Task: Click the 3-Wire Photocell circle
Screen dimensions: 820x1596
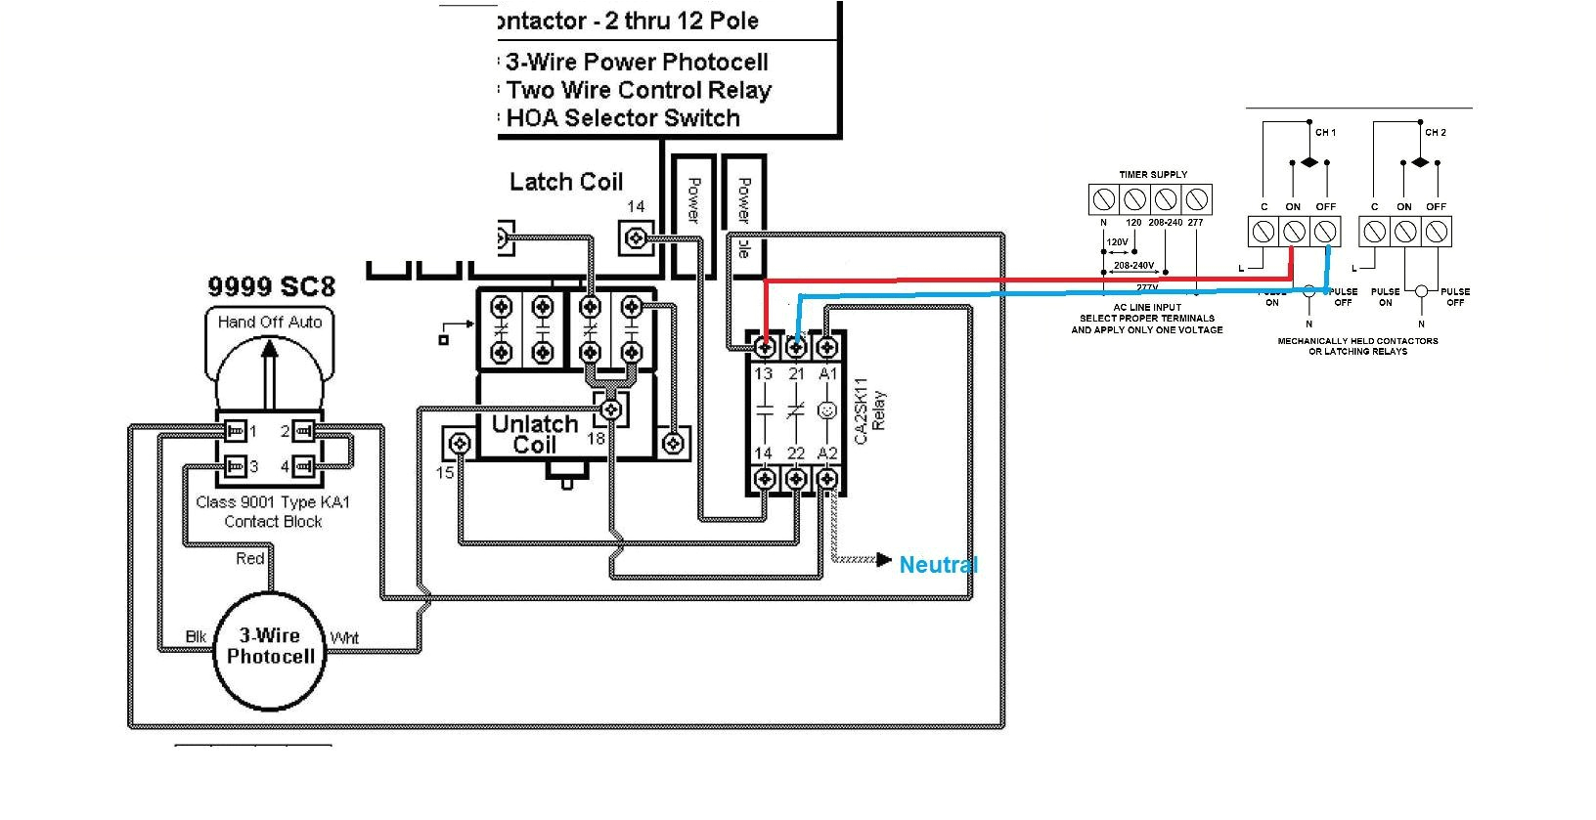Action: click(x=270, y=649)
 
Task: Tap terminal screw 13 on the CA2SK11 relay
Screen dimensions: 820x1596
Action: click(x=766, y=346)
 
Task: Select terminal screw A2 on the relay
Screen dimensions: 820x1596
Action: click(x=827, y=479)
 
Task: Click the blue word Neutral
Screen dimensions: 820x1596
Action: click(x=938, y=564)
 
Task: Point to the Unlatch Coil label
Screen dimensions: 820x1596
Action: click(x=534, y=435)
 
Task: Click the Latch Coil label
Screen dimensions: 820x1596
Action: click(x=566, y=182)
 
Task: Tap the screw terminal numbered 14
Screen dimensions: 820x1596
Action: click(x=637, y=237)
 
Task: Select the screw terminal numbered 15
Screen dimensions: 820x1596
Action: click(x=458, y=445)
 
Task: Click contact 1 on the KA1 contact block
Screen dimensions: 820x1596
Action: click(x=235, y=431)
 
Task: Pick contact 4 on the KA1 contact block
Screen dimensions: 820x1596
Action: click(x=302, y=466)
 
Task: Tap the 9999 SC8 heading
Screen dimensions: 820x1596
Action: click(x=271, y=286)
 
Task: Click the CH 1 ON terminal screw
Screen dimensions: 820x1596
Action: click(x=1294, y=232)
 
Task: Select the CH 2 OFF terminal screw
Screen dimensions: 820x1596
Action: click(x=1436, y=232)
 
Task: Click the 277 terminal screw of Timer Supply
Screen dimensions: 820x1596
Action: click(x=1196, y=200)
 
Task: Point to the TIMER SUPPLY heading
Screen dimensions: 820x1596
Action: click(x=1153, y=174)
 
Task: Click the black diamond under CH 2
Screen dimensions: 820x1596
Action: click(x=1420, y=162)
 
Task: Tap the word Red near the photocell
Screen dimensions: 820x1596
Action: click(x=249, y=558)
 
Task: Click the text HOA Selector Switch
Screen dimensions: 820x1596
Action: click(x=623, y=118)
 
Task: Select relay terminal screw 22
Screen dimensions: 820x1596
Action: click(x=797, y=479)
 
